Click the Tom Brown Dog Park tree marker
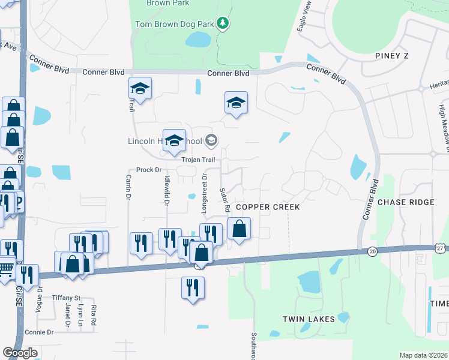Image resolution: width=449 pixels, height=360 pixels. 223,23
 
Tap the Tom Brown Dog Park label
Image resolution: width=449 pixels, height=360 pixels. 175,24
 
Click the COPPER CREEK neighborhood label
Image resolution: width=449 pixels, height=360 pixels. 267,206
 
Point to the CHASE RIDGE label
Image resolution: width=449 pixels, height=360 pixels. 406,202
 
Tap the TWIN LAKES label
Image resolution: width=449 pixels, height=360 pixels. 309,319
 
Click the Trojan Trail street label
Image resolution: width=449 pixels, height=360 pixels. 199,160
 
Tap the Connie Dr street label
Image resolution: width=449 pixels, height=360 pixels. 39,332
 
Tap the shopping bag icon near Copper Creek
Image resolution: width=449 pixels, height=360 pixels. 239,229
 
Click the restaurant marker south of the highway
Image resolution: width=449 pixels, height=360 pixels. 193,287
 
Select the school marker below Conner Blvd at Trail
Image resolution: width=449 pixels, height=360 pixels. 140,88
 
